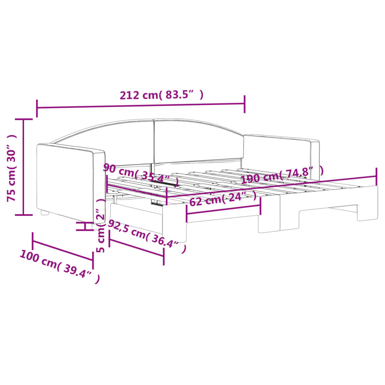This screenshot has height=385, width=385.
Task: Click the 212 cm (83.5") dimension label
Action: pyautogui.click(x=162, y=95)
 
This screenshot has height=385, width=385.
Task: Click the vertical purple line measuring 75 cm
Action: pyautogui.click(x=24, y=167)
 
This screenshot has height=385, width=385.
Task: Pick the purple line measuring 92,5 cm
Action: pyautogui.click(x=136, y=247)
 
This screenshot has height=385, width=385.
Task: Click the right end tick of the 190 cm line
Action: pyautogui.click(x=376, y=173)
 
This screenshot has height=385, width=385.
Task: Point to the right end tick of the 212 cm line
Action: pyautogui.click(x=245, y=104)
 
